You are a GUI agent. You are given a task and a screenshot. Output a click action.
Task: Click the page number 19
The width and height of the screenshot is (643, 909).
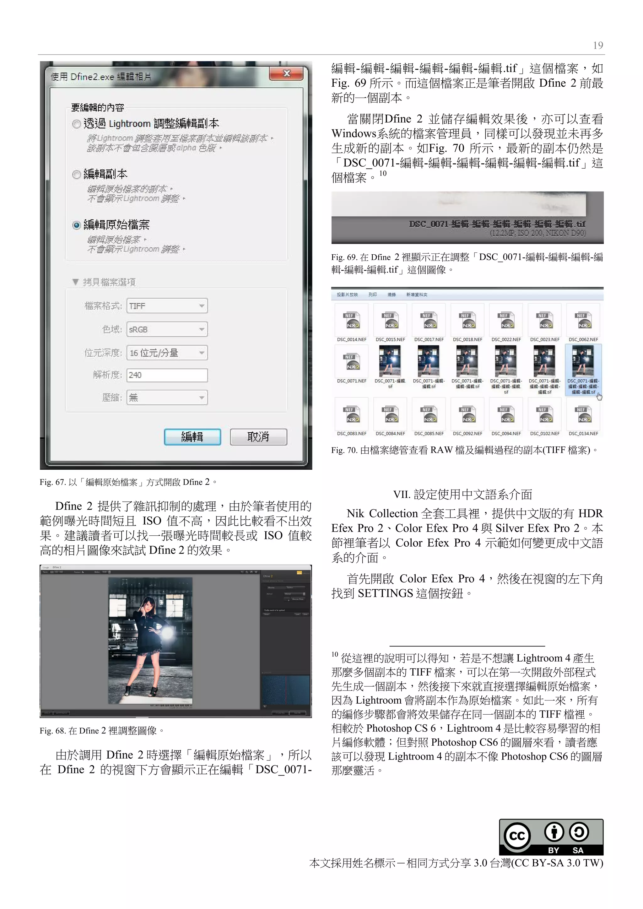598,46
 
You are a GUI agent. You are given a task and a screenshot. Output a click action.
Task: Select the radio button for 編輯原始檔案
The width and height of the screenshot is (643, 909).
77,225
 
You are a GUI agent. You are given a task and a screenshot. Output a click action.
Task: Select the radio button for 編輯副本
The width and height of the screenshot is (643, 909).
77,175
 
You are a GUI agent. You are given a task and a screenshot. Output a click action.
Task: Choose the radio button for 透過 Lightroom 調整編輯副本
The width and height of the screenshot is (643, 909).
77,124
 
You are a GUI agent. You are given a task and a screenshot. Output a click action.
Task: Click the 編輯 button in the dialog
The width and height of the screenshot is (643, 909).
192,437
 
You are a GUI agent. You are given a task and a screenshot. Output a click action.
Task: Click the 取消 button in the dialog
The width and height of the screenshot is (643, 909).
258,437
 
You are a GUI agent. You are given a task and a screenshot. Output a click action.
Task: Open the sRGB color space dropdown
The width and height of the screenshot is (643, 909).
167,329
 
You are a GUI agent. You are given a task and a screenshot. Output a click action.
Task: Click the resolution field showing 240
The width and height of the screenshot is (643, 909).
167,375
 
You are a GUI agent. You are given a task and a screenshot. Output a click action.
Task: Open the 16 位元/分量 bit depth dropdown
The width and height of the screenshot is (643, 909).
167,353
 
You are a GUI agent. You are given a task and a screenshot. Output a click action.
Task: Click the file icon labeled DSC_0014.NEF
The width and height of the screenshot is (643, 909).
352,320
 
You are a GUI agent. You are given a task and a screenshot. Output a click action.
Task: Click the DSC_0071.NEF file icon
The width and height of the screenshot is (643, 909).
352,361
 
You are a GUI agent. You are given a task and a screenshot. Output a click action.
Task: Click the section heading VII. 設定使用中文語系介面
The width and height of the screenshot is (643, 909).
462,495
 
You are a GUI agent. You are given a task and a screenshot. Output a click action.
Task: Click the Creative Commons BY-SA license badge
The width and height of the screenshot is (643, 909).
551,837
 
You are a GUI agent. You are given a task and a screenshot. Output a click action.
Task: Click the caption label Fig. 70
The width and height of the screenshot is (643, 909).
344,450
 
